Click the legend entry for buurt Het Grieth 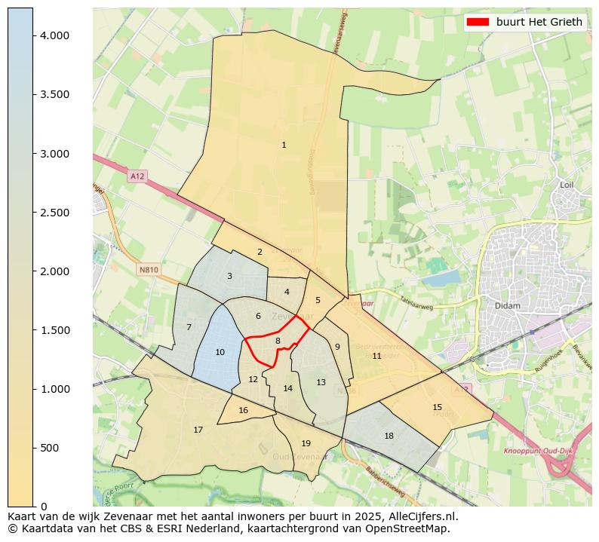525,22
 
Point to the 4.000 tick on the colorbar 33,35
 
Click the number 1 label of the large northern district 284,145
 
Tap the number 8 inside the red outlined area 278,341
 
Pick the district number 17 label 198,430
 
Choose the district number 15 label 438,407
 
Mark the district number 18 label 389,436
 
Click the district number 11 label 376,356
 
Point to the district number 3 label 229,276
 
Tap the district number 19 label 306,443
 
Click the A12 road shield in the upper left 137,176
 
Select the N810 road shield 149,269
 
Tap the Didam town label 502,306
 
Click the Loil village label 567,185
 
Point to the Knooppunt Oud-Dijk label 530,451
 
